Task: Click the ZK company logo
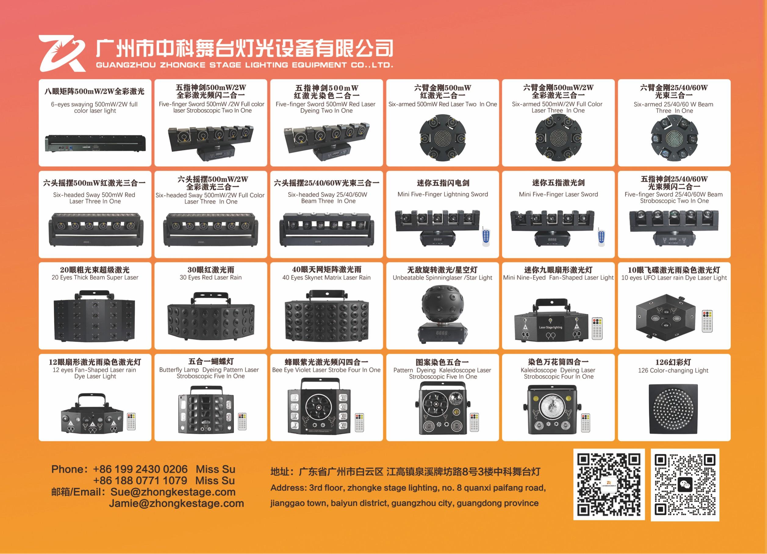click(62, 53)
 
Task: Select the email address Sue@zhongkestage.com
click(173, 492)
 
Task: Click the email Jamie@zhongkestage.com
click(176, 503)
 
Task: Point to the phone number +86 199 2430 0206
click(140, 469)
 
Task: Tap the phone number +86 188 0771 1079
click(140, 480)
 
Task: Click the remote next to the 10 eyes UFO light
click(707, 321)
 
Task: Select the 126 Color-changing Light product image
click(674, 409)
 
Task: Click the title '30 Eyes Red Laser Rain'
click(211, 278)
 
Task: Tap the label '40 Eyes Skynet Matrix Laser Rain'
click(326, 278)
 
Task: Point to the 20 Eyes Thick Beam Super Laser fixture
click(94, 316)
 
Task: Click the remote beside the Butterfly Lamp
click(242, 421)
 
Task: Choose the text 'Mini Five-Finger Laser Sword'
click(558, 194)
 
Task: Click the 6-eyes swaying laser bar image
click(95, 143)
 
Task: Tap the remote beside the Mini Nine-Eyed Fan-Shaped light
click(597, 328)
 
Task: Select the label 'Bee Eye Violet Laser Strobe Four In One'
click(326, 370)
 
